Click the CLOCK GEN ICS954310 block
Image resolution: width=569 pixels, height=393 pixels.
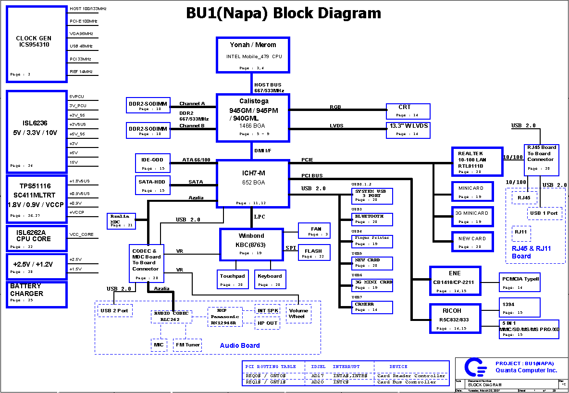37,44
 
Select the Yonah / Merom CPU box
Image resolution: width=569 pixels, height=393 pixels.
253,54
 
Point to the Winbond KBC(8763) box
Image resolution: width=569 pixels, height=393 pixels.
251,245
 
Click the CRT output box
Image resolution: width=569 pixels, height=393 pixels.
408,111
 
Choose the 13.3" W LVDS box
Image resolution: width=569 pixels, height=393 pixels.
408,130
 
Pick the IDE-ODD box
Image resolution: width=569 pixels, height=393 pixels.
153,163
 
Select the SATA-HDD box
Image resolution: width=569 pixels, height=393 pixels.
153,185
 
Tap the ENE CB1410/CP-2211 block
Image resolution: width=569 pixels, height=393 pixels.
454,282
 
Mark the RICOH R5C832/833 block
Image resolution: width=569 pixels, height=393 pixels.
454,319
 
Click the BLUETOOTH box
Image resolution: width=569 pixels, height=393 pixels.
372,220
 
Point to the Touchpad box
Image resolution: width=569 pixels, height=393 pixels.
233,280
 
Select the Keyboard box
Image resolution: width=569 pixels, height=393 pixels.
270,280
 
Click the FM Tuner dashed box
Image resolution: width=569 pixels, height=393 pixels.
187,345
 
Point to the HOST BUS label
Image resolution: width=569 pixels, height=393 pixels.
268,85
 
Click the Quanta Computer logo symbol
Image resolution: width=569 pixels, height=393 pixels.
475,368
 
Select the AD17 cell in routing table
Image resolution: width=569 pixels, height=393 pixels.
317,375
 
